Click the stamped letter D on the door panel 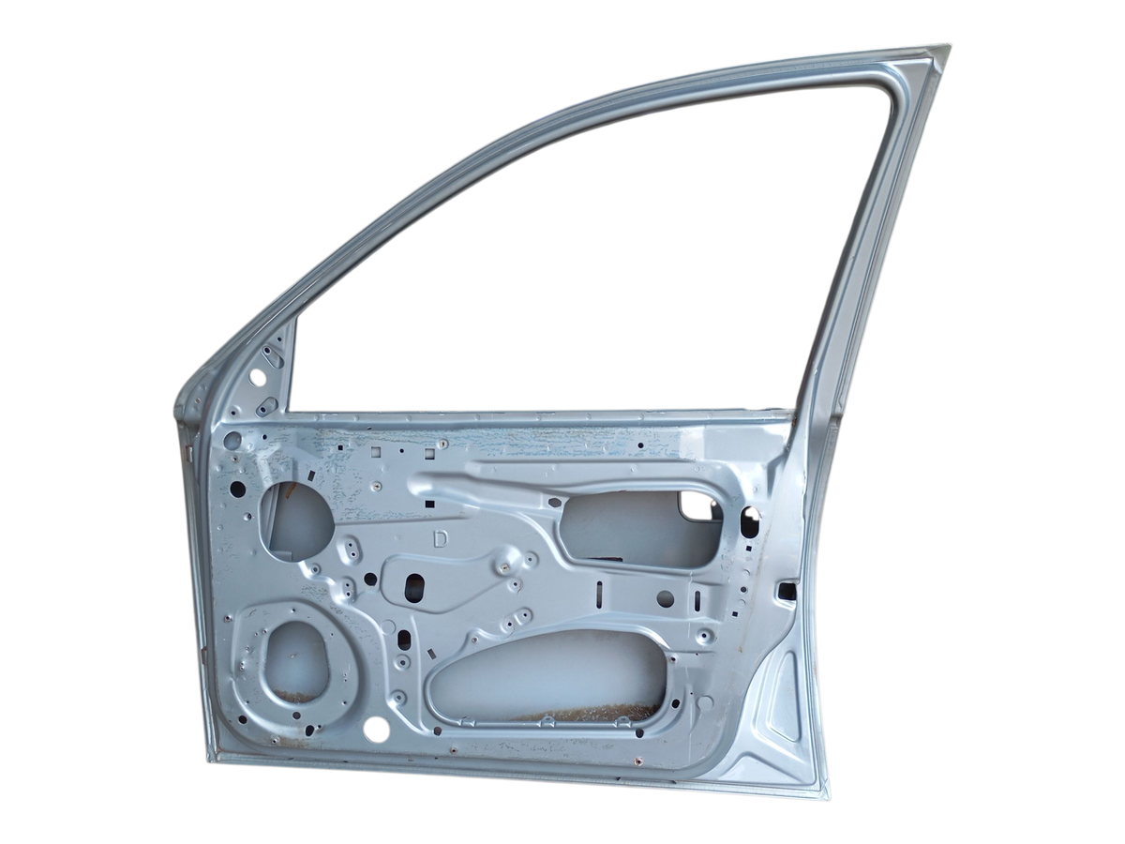click(441, 539)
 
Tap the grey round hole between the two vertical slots click(666, 597)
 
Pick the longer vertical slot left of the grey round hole click(599, 594)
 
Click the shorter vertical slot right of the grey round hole click(697, 598)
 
